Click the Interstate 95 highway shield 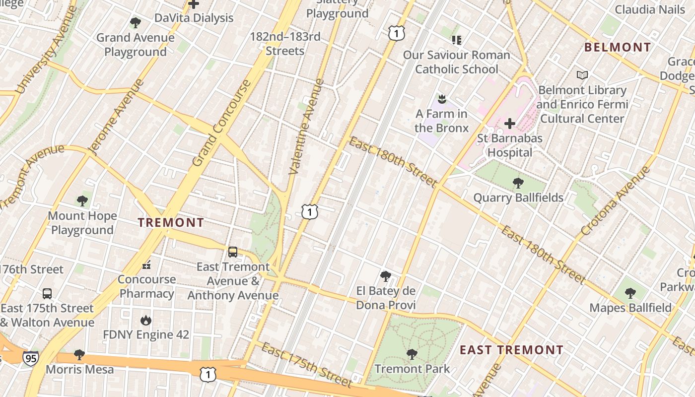pyautogui.click(x=31, y=358)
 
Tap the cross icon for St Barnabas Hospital pyautogui.click(x=509, y=124)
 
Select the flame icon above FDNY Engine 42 pyautogui.click(x=146, y=320)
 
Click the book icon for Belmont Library pyautogui.click(x=582, y=75)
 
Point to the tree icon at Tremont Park pyautogui.click(x=412, y=354)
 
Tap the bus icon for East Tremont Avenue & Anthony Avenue pyautogui.click(x=233, y=252)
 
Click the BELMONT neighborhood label pyautogui.click(x=618, y=48)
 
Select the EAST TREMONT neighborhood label pyautogui.click(x=511, y=350)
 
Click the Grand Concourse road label pyautogui.click(x=220, y=123)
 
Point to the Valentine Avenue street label pyautogui.click(x=306, y=127)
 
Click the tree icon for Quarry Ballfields pyautogui.click(x=518, y=183)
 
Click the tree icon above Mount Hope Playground pyautogui.click(x=82, y=201)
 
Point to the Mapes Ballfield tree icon pyautogui.click(x=630, y=293)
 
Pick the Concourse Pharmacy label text pyautogui.click(x=147, y=286)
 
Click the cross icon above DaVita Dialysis pyautogui.click(x=194, y=4)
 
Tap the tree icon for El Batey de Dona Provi pyautogui.click(x=385, y=276)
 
